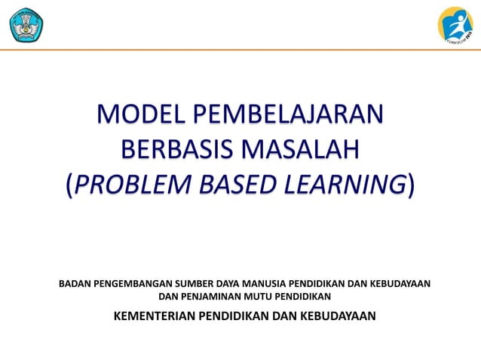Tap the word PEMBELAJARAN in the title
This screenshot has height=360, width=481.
pos(289,116)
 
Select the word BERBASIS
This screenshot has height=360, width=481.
pos(175,149)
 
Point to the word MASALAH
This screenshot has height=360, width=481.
pos(299,149)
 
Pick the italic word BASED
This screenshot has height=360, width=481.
pos(236,183)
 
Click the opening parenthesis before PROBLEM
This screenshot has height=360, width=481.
pos(69,184)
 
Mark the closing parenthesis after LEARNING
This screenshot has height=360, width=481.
pos(410,184)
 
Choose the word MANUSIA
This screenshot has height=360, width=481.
pos(271,284)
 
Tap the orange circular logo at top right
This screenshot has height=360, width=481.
pos(455,23)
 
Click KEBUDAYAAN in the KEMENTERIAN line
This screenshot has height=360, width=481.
pos(334,316)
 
